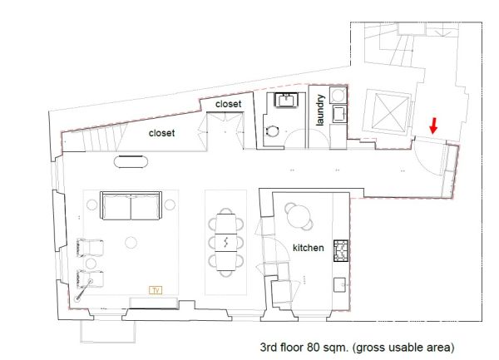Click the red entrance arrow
pos(433,126)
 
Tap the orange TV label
pos(156,290)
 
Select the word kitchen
pos(308,248)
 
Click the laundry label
pos(320,110)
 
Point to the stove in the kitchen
pos(341,251)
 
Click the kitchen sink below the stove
pos(339,284)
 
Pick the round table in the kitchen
pos(299,216)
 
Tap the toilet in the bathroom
pos(272,131)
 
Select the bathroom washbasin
pos(286,100)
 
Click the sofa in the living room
pos(131,205)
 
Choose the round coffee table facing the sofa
pos(131,243)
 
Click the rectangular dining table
pos(225,242)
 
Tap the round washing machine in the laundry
pos(338,95)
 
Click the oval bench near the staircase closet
pos(131,161)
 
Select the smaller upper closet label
pos(228,104)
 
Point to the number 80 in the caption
pos(313,347)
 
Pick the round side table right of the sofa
pos(170,205)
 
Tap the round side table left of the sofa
pos(92,205)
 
